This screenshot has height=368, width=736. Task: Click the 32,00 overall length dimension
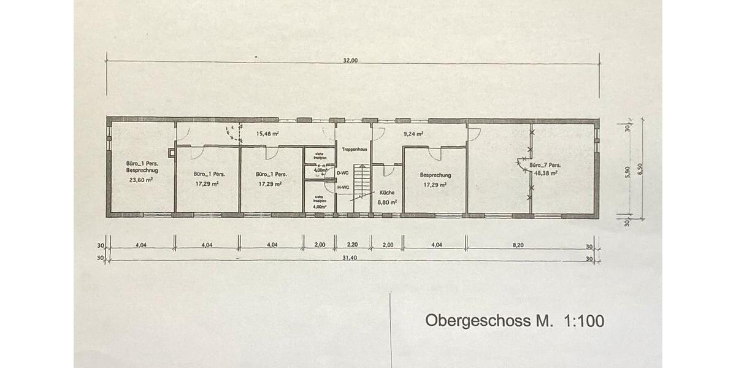350,60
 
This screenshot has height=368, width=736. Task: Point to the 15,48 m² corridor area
268,133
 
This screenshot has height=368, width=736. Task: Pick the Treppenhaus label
354,149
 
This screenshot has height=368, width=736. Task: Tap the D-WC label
343,173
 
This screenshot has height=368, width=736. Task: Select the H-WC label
343,187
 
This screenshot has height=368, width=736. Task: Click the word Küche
387,192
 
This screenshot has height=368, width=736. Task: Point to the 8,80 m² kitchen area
387,201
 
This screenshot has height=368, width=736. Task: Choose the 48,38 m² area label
545,174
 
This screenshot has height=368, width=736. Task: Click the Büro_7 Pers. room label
545,165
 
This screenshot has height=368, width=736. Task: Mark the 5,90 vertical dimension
627,172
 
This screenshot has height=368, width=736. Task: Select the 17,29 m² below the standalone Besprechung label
434,183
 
